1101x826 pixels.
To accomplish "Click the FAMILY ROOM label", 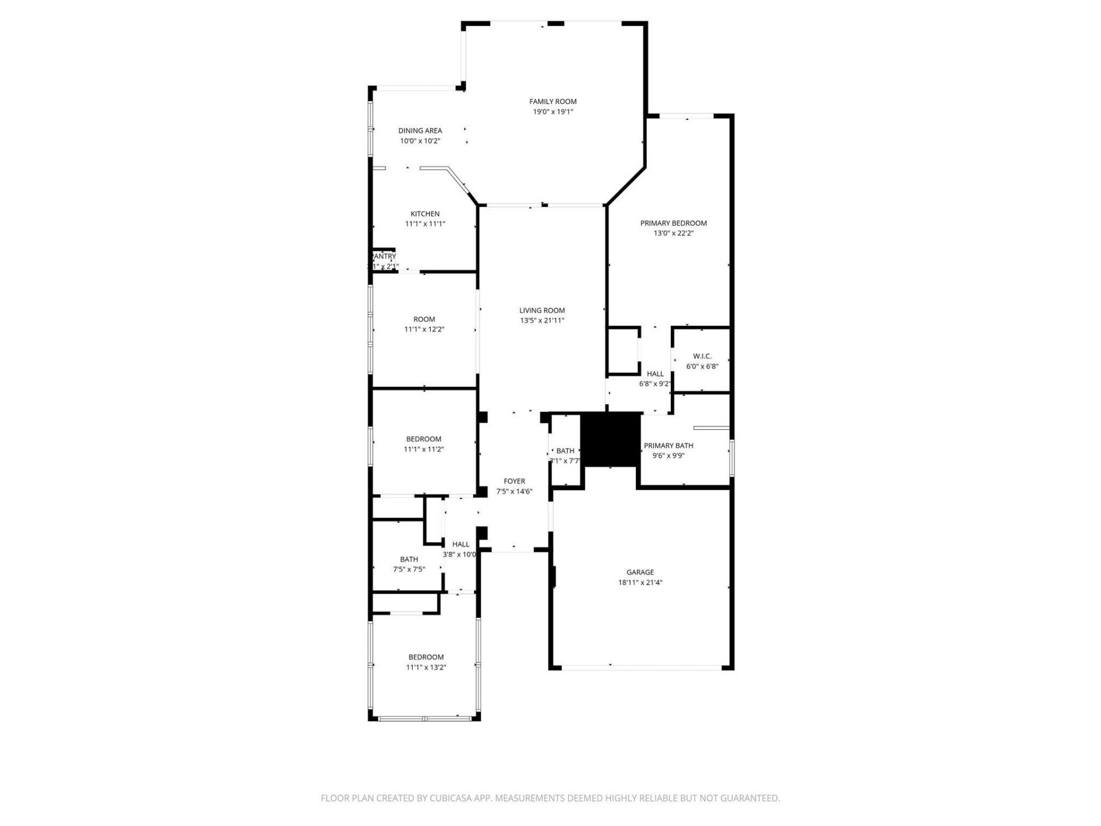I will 553,102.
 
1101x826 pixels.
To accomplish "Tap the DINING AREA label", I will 420,131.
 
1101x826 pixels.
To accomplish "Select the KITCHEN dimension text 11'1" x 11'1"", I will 425,224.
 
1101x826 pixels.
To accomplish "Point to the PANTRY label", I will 384,256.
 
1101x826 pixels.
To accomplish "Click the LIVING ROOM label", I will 542,310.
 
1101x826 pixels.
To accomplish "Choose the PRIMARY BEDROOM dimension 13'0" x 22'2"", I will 673,233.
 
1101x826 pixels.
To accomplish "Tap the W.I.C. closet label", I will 702,356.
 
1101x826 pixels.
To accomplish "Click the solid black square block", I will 611,439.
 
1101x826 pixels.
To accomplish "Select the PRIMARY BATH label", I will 668,446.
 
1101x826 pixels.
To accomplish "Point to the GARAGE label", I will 640,572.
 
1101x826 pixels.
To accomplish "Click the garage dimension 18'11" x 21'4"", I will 640,582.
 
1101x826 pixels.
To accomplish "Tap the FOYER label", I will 514,481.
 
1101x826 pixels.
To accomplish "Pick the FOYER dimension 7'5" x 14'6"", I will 514,492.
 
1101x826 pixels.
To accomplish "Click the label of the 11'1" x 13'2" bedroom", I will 425,657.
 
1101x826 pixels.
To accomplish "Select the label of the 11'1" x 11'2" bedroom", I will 424,439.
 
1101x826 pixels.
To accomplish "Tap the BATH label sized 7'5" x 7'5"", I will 409,559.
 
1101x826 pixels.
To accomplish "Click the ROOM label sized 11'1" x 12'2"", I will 424,320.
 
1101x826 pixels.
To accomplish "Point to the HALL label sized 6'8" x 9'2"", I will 655,374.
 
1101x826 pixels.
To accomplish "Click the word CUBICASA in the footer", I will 448,798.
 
